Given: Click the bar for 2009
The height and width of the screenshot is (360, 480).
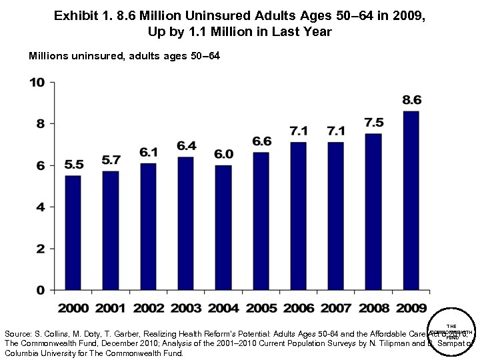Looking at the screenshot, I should [411, 200].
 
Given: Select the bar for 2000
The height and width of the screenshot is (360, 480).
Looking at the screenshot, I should [73, 233].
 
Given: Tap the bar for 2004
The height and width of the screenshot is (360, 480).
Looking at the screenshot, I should [223, 227].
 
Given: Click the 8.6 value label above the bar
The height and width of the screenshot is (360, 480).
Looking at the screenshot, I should [411, 100].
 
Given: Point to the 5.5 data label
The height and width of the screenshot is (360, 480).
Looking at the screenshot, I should [73, 165].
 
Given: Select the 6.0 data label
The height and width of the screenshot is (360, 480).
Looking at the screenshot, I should [223, 154].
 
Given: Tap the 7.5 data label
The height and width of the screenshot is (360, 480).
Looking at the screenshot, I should [374, 123].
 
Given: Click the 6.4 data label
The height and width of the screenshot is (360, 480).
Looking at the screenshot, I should [186, 145].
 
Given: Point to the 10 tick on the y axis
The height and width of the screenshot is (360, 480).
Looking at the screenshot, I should [36, 83].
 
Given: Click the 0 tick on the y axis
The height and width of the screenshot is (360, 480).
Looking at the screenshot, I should [40, 291].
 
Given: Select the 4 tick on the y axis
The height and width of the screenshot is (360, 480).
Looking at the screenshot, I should [40, 207].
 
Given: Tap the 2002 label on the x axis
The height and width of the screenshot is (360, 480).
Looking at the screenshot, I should [148, 308].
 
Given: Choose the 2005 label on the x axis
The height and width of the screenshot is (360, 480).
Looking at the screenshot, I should [261, 308].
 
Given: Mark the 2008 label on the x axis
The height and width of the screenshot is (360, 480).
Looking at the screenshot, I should [373, 308].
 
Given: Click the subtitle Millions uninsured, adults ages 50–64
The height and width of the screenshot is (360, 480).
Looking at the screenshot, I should [124, 55].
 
